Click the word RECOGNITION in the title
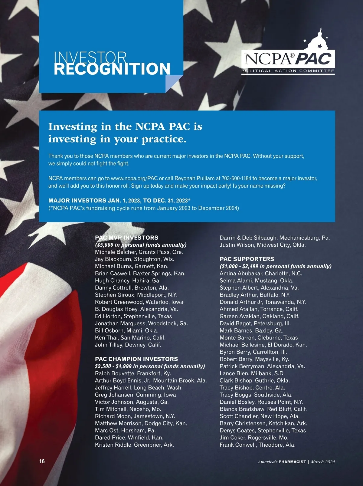[x=112, y=69]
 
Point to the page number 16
[x=42, y=461]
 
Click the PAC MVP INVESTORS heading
[x=126, y=238]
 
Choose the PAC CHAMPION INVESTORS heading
[x=136, y=359]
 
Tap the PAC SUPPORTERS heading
[x=247, y=259]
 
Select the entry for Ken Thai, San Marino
[x=130, y=337]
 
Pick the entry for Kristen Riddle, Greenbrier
[x=134, y=445]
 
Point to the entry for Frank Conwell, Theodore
[x=257, y=445]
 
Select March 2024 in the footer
[x=323, y=462]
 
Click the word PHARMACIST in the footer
[x=292, y=462]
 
